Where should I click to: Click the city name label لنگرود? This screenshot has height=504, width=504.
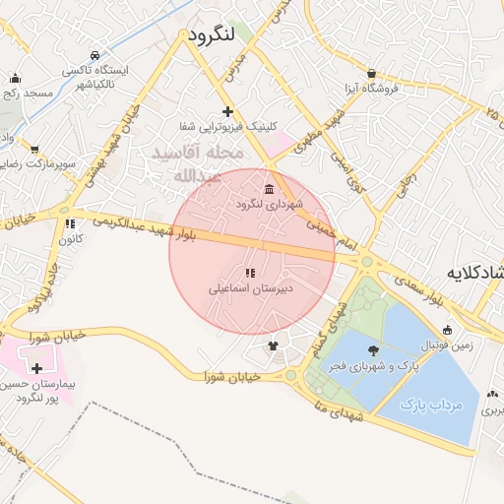212,34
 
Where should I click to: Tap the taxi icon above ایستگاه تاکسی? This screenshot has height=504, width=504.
94,55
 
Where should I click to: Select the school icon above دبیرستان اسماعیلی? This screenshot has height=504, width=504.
250,273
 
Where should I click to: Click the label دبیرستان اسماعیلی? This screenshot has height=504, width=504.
250,289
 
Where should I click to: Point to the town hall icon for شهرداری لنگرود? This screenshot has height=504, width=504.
270,188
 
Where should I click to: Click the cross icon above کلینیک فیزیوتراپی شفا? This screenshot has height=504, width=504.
227,112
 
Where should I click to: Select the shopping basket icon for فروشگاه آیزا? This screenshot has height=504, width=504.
371,73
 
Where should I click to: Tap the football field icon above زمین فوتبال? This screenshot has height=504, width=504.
448,330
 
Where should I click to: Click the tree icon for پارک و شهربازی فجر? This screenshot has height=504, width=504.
372,349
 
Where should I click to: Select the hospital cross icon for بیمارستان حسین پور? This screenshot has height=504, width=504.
36,368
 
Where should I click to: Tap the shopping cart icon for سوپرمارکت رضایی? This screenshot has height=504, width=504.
35,150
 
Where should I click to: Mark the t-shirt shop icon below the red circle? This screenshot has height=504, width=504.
273,346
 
